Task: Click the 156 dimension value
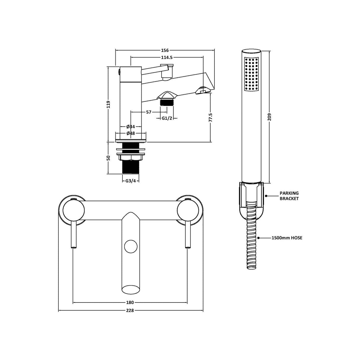coord(165,50)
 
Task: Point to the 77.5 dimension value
coord(210,117)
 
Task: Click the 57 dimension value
coord(149,112)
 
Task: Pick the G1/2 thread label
coord(167,118)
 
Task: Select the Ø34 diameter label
coord(131,127)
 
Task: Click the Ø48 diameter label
coord(131,133)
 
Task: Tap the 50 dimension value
coord(109,158)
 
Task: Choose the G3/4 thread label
coord(130,181)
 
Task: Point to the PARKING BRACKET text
coord(289,196)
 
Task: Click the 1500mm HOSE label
coord(287,238)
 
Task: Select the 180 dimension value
coord(130,302)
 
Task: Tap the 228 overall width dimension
coord(130,310)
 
